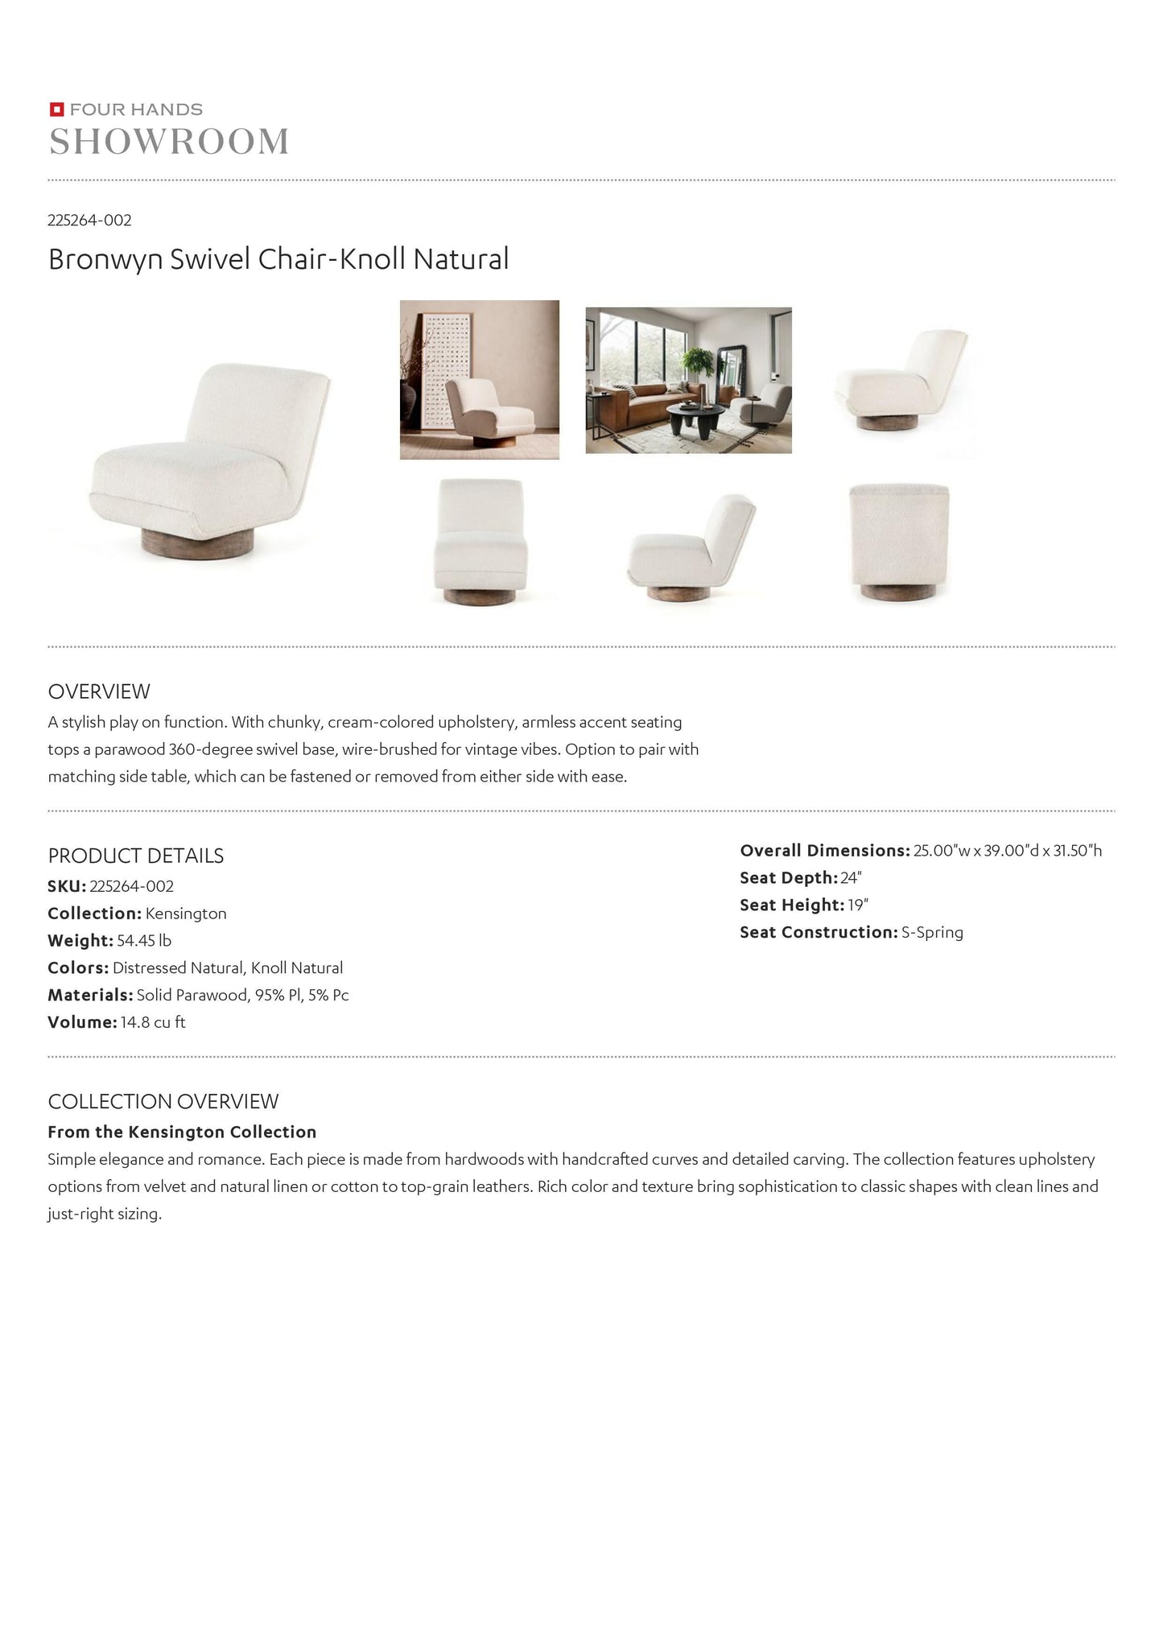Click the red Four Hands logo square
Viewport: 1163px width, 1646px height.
coord(56,109)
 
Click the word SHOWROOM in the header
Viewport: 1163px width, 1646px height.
coord(169,142)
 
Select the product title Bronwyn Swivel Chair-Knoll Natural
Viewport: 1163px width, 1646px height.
coord(278,259)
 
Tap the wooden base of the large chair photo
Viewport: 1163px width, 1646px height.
coord(197,540)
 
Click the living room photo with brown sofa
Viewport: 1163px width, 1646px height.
coord(688,380)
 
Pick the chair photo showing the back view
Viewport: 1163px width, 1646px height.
coord(899,542)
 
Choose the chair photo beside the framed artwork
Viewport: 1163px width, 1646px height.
coord(480,380)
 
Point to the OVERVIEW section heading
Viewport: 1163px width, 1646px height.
coord(99,691)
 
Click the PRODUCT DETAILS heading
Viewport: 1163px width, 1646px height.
coord(136,856)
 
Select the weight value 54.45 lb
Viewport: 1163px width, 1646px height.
coord(144,940)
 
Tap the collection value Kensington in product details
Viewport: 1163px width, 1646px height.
coord(186,914)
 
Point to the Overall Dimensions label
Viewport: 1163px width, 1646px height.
coord(824,851)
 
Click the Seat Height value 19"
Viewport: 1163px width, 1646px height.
coord(858,905)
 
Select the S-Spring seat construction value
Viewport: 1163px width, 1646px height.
coord(932,932)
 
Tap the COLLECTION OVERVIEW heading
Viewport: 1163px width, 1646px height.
coord(163,1101)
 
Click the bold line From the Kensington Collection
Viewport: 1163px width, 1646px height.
coord(182,1132)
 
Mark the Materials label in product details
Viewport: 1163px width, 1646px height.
coord(89,995)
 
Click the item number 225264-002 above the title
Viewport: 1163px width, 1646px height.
coord(89,220)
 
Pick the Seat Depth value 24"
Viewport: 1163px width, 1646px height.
coord(852,878)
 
